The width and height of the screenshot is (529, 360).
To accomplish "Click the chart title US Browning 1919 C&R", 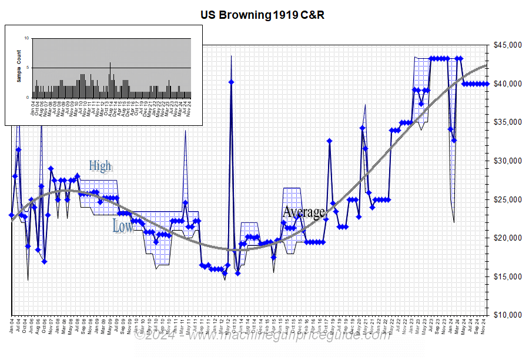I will tap(262, 15).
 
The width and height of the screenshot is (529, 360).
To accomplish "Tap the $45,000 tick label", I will tap(507, 45).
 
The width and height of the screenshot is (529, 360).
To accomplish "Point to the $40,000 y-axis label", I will tap(507, 84).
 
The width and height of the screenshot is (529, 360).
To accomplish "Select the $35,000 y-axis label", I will tap(507, 122).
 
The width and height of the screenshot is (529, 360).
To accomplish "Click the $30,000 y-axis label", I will tap(507, 161).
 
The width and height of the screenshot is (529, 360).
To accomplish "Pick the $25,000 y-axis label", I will tap(507, 199).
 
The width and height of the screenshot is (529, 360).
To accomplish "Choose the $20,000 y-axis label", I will tap(507, 238).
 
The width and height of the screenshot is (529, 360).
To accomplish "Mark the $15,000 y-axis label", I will tap(507, 276).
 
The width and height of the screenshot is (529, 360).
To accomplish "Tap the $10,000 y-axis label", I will tap(507, 315).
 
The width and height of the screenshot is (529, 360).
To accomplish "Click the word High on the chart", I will tap(100, 166).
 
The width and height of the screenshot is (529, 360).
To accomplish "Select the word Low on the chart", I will tap(122, 226).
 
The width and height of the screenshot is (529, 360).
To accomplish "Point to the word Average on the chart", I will tap(303, 212).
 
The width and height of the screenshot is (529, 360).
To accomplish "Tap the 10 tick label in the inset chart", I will tap(26, 38).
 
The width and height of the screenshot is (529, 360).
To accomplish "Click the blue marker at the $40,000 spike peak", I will tap(232, 82).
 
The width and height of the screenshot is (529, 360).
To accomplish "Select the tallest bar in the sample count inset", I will tap(110, 79).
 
